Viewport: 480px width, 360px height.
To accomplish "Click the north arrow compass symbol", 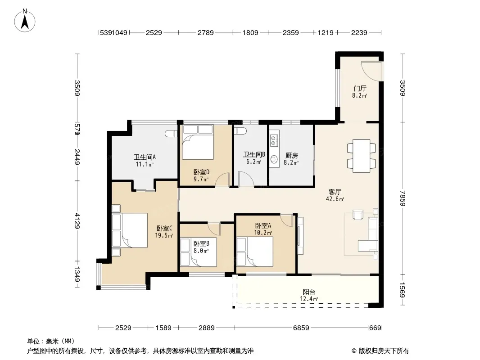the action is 25,21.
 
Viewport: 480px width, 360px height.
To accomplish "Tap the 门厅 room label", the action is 360,88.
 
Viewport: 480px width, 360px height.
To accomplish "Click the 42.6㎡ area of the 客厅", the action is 335,199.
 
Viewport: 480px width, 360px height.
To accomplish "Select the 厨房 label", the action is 291,156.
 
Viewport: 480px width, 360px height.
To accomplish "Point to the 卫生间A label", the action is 145,157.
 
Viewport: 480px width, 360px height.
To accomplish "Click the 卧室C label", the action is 164,229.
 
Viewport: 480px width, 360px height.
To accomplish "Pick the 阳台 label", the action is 309,292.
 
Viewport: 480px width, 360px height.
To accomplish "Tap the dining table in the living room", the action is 361,156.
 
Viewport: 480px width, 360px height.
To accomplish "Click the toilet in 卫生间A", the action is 171,133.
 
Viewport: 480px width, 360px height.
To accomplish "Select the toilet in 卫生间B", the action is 240,131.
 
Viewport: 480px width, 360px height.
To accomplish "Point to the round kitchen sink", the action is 274,159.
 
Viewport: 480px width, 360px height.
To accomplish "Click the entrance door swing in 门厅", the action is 371,71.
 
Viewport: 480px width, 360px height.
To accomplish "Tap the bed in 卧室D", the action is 198,142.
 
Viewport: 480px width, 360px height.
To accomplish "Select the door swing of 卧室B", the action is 214,229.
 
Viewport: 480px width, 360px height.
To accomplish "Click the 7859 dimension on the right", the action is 403,198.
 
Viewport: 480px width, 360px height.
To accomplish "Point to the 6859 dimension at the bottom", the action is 301,328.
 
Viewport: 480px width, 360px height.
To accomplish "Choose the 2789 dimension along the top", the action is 205,32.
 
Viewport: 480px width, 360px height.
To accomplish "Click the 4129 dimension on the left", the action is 77,221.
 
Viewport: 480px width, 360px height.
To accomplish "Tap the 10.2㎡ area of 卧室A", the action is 263,233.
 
